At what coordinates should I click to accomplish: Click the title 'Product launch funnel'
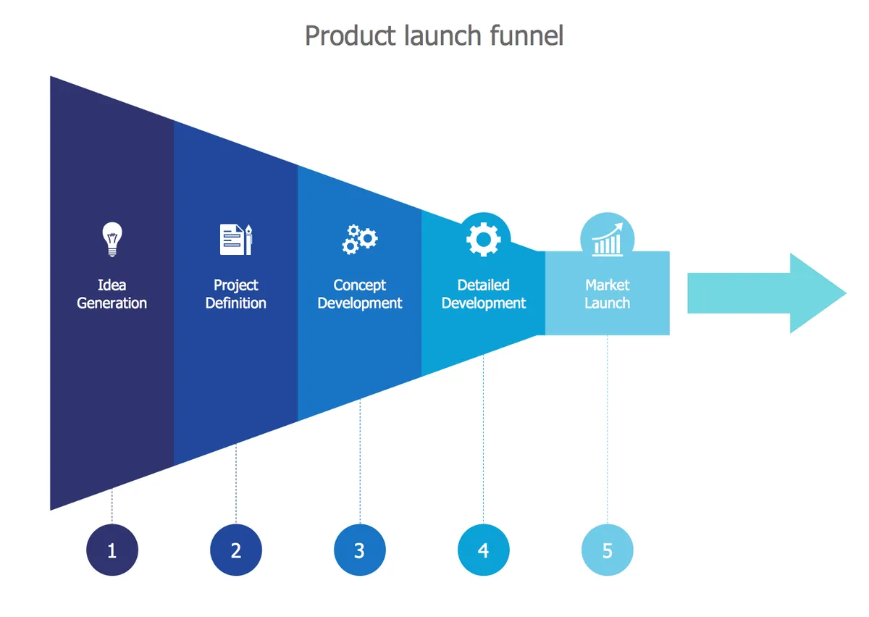(x=434, y=35)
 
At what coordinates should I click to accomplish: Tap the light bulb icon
(x=112, y=240)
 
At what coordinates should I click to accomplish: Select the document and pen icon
(x=236, y=240)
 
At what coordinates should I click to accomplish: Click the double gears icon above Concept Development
(x=359, y=239)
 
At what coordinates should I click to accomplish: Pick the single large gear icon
(x=484, y=239)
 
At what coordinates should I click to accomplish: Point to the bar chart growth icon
(x=607, y=240)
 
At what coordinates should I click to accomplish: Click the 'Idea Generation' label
(x=112, y=294)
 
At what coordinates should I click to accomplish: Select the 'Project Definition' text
(x=236, y=294)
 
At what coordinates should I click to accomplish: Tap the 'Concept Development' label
(x=360, y=294)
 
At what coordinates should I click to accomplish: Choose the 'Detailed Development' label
(x=484, y=294)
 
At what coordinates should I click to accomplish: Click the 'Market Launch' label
(x=607, y=294)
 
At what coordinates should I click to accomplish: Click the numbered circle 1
(x=112, y=550)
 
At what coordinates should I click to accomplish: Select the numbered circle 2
(x=236, y=550)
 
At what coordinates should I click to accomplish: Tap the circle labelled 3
(x=360, y=550)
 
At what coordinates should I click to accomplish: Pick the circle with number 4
(x=484, y=550)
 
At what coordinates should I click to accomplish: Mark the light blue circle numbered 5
(x=607, y=550)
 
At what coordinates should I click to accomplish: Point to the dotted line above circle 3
(x=360, y=463)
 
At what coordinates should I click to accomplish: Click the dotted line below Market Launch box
(x=607, y=427)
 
